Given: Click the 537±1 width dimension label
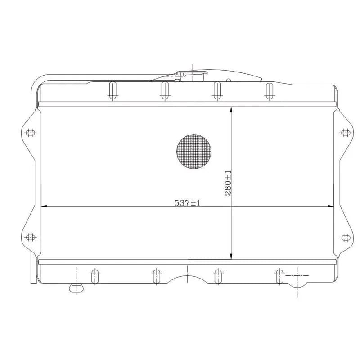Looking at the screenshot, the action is [187, 203].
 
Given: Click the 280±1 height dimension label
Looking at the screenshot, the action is [228, 183].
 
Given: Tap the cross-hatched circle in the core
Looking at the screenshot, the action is [194, 152].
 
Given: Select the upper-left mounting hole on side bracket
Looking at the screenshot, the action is [31, 133].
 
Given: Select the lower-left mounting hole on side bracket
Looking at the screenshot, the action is [31, 237].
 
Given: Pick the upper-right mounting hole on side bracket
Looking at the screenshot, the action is [346, 132].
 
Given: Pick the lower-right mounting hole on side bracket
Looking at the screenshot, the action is [346, 238].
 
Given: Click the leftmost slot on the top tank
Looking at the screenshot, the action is [112, 91].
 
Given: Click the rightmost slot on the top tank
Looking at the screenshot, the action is [269, 91].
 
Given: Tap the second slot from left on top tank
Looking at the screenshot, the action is [165, 91].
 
